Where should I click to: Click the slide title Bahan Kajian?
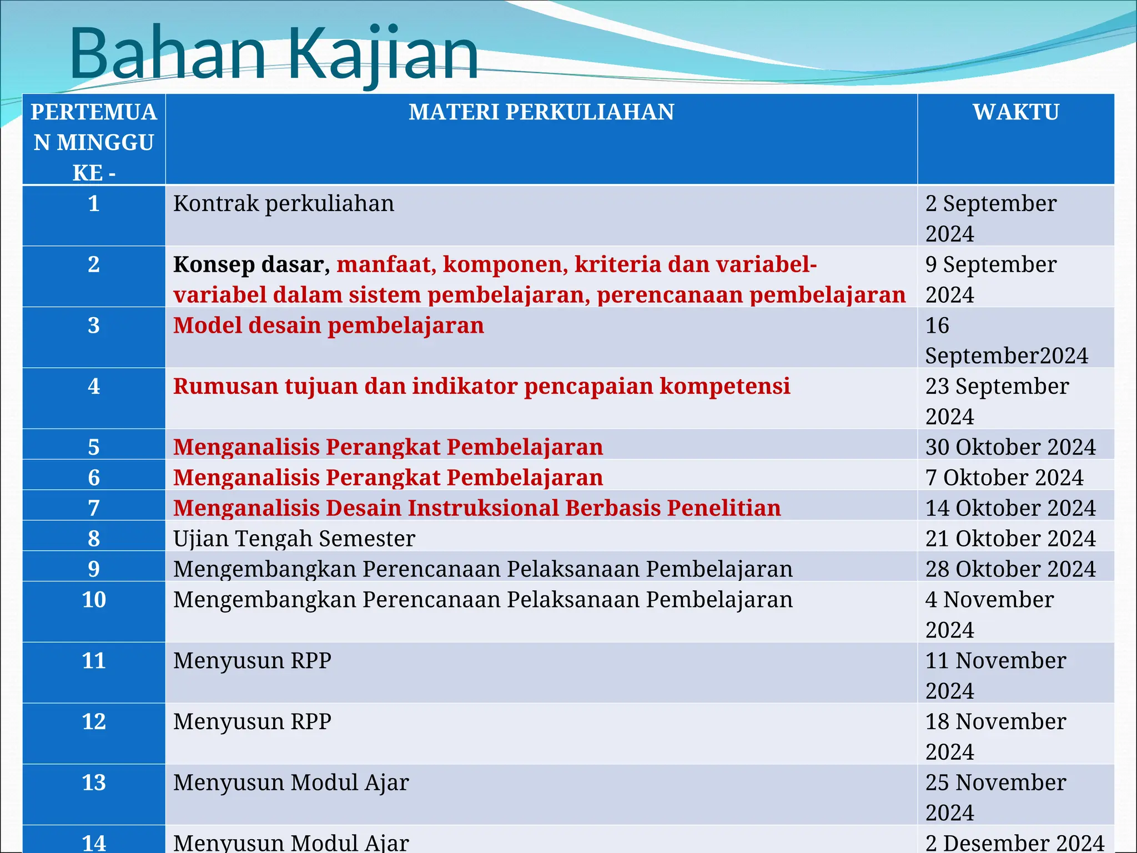tap(273, 54)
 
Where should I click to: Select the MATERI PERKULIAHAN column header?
tap(541, 112)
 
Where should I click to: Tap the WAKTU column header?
tap(1015, 112)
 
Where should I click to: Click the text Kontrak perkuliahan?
tap(284, 204)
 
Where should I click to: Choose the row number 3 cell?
tap(94, 325)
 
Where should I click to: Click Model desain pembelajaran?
tap(328, 325)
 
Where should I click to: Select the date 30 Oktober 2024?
tap(1010, 447)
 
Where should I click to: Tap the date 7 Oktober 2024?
tap(1004, 478)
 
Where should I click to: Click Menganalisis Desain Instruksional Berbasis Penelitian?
tap(477, 508)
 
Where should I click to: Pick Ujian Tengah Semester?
tap(294, 539)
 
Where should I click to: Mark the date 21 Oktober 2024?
tap(1010, 539)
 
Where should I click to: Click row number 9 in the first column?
tap(94, 569)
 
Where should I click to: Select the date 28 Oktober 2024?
tap(1010, 569)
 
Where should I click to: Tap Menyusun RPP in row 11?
tap(252, 661)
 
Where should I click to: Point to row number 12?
tap(94, 721)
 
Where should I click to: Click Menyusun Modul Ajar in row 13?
tap(291, 782)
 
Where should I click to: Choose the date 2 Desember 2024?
tap(1015, 843)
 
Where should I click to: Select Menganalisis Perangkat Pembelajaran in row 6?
tap(388, 478)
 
